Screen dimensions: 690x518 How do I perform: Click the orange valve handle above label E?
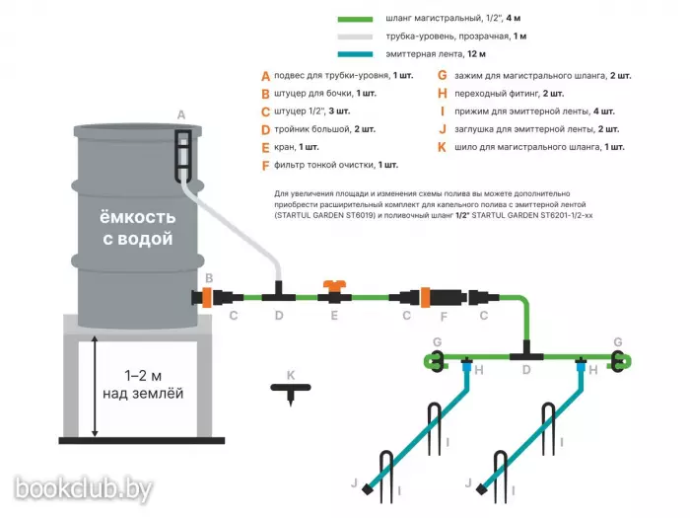[x=334, y=284]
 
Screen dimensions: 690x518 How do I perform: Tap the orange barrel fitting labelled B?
[x=207, y=297]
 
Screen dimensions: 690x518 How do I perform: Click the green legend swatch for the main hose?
[x=355, y=19]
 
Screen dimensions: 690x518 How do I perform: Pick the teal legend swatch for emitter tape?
[x=355, y=54]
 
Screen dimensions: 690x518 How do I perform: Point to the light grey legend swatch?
[x=355, y=37]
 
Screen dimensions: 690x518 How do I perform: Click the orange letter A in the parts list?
[x=265, y=76]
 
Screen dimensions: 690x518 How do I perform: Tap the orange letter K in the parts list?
[x=442, y=148]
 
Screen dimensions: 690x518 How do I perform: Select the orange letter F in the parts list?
[x=265, y=166]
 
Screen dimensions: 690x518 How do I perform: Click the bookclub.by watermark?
[x=84, y=489]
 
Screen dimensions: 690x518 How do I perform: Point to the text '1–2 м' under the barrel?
[x=143, y=376]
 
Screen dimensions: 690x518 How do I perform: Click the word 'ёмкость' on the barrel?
[x=137, y=217]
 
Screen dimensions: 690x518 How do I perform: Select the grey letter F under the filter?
[x=444, y=317]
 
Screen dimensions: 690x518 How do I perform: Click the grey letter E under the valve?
[x=334, y=316]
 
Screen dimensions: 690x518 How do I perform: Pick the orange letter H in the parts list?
[x=443, y=94]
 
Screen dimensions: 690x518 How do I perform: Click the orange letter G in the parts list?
[x=443, y=76]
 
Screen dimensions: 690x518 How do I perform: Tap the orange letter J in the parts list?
[x=443, y=129]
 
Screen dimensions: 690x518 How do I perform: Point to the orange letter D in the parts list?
[x=265, y=130]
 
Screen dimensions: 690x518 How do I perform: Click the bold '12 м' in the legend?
[x=476, y=54]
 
